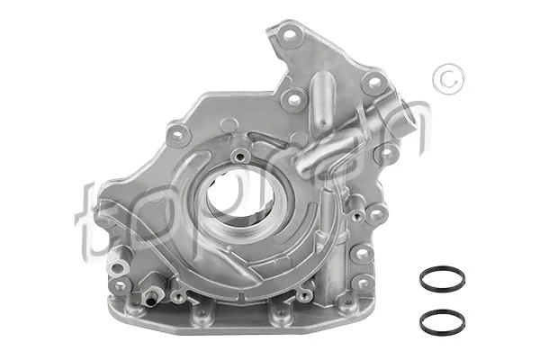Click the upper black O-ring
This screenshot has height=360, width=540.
pyautogui.click(x=442, y=279)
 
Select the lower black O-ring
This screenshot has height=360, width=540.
pyautogui.click(x=442, y=321)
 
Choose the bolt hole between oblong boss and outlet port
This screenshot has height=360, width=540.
pyautogui.click(x=371, y=83)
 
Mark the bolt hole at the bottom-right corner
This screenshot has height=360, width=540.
pyautogui.click(x=362, y=287)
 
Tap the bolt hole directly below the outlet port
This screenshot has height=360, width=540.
pyautogui.click(x=385, y=153)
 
